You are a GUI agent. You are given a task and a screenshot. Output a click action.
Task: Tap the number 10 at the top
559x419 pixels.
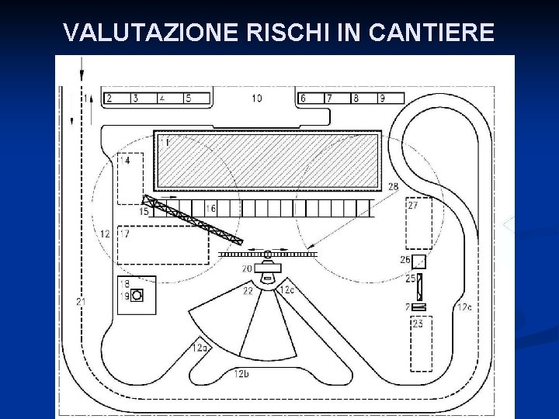point(256,98)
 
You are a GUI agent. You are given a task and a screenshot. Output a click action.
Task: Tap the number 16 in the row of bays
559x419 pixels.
point(210,208)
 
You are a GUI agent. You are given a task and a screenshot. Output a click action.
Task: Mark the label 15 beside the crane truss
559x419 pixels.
point(144,212)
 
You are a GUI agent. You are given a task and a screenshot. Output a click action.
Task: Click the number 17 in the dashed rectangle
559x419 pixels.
point(124,233)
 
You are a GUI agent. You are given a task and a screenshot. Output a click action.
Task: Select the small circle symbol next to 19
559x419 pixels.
point(138,296)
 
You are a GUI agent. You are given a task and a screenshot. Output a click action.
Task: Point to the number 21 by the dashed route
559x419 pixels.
point(82,301)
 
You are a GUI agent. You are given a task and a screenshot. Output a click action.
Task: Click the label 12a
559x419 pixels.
point(200,348)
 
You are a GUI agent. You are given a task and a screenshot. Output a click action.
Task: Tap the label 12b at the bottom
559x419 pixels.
point(241,374)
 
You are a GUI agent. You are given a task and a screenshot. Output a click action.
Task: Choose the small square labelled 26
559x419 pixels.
point(419,261)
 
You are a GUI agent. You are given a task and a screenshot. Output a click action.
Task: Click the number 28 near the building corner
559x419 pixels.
point(394,187)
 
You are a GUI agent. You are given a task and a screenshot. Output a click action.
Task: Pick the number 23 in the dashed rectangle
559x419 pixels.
point(418,324)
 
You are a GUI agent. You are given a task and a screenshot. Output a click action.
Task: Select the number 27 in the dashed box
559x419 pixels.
point(413,206)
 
